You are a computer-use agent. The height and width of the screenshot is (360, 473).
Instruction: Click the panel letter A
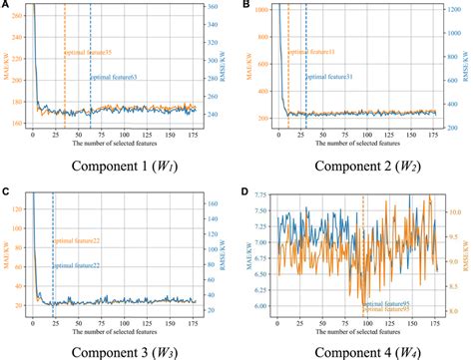pos(6,6)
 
